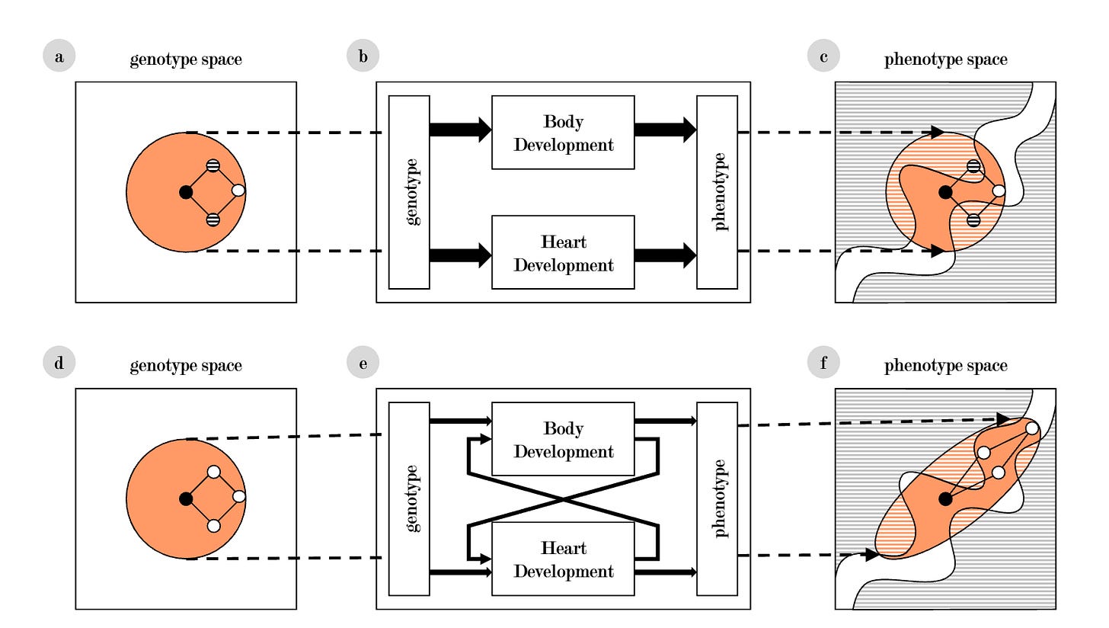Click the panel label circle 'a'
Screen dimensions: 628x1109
pos(59,56)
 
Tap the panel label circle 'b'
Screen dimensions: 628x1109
pos(363,56)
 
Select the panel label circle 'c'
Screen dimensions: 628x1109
pos(823,56)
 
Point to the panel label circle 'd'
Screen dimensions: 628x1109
pos(59,363)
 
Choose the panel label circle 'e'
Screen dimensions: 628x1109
pos(363,363)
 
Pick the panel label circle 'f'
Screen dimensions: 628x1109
pos(823,363)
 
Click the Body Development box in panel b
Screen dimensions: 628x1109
pos(563,133)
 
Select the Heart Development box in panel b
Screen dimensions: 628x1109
pos(563,252)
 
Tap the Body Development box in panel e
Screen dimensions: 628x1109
pos(563,439)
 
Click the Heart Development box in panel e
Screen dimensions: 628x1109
pos(563,559)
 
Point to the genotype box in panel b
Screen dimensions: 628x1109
pos(409,192)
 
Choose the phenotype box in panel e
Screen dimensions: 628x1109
pos(717,498)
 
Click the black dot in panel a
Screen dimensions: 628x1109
pos(186,192)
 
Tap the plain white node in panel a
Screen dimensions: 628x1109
pos(238,191)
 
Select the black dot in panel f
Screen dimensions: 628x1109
pos(945,498)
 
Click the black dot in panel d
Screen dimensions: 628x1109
pos(185,498)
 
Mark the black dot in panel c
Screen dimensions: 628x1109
pos(945,192)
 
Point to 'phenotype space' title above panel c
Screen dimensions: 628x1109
pos(945,59)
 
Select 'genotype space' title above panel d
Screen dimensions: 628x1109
pos(186,366)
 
